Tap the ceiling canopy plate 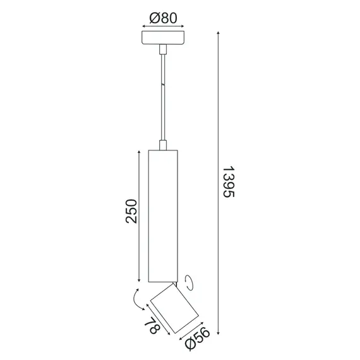click(163, 38)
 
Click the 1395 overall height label click(229, 184)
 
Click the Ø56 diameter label click(198, 339)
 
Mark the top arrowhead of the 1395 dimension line click(219, 32)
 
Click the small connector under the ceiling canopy click(163, 49)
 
